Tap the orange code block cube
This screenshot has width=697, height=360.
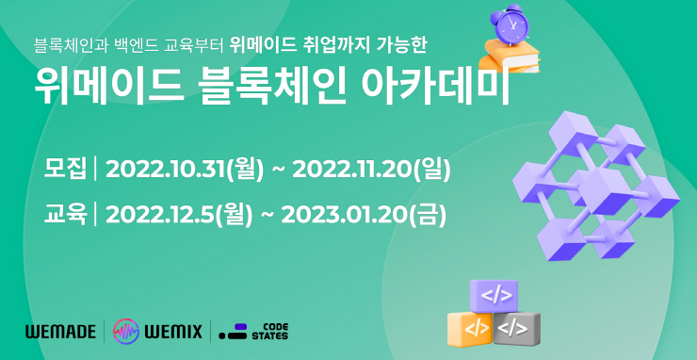coord(471,328)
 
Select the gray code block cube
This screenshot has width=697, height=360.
coord(517,327)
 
